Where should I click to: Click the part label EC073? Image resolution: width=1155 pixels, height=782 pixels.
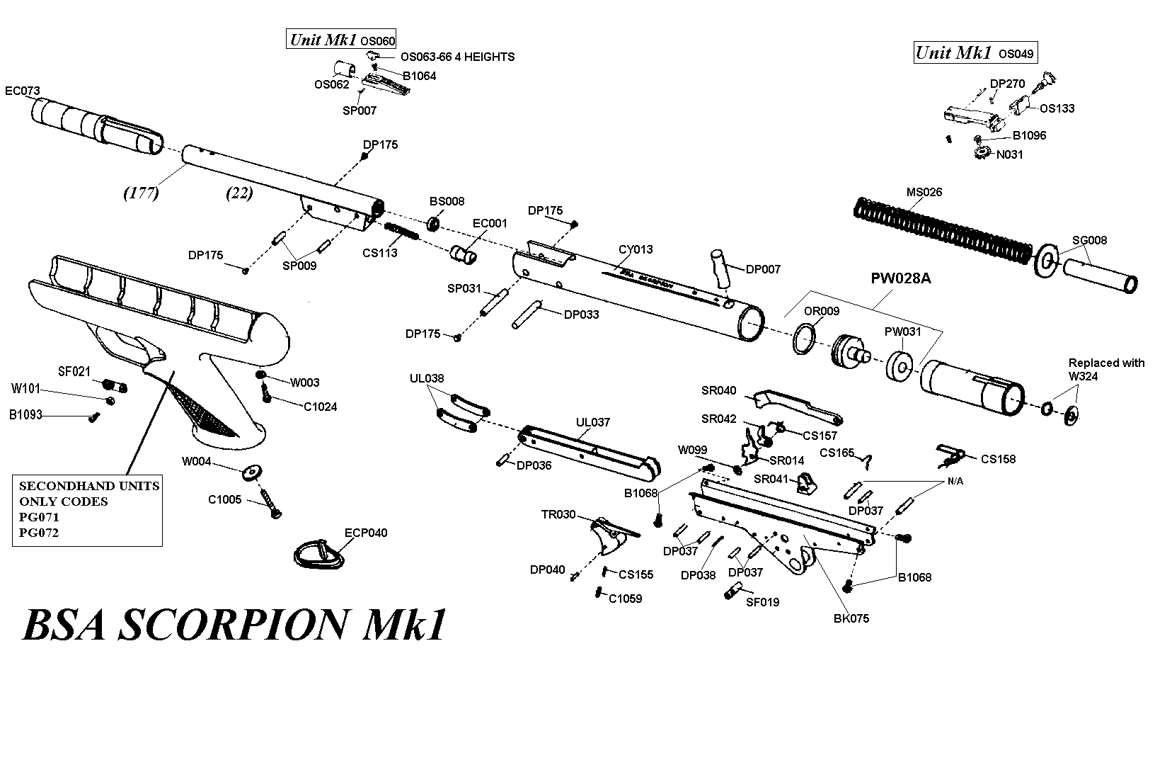23,91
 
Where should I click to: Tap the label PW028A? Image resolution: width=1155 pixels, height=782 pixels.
900,279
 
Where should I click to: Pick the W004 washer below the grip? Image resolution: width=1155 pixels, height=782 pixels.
251,472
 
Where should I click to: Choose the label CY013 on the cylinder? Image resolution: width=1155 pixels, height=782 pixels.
636,249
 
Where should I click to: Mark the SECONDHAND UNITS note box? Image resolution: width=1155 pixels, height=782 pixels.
88,510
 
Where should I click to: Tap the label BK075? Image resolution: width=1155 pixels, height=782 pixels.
851,618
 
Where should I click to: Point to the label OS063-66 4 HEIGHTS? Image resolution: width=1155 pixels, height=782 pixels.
457,57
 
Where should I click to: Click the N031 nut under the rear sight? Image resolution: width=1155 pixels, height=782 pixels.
982,152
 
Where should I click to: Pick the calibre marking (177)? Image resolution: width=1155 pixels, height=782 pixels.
140,193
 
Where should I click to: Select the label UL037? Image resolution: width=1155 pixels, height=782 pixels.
593,423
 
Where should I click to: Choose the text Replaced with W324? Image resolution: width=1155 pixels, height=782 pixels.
1105,369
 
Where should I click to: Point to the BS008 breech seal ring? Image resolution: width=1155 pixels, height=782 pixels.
433,224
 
